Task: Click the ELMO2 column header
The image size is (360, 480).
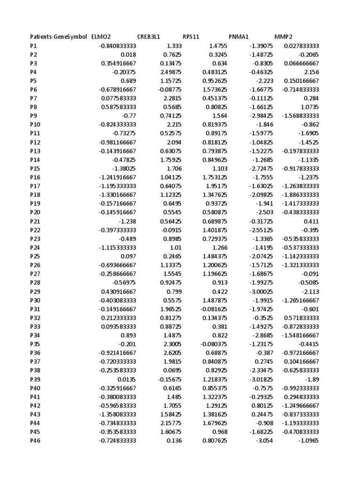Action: click(x=101, y=37)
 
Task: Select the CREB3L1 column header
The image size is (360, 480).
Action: click(x=149, y=37)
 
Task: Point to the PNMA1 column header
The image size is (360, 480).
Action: click(x=239, y=37)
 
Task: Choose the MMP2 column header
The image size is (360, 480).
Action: click(x=283, y=37)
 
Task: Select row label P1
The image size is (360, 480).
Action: click(x=33, y=45)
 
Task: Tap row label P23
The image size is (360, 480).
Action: click(x=35, y=239)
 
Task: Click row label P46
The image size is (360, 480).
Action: click(x=35, y=441)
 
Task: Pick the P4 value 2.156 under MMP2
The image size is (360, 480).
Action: click(x=310, y=72)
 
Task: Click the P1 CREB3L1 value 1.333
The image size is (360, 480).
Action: click(x=174, y=45)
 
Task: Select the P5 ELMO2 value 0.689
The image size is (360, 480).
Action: click(x=128, y=81)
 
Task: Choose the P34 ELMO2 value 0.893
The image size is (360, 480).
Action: click(x=128, y=335)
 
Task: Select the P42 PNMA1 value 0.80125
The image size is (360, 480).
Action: click(x=262, y=405)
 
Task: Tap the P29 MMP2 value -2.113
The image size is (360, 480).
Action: click(x=310, y=292)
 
